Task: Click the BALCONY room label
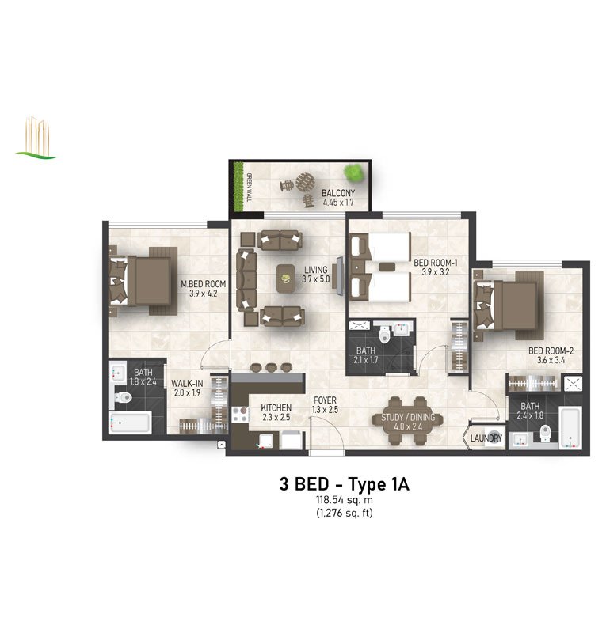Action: coord(338,193)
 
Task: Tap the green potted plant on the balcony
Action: coord(353,172)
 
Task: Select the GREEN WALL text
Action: coord(249,188)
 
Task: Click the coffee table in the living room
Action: coord(286,278)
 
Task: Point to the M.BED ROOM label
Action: coord(203,284)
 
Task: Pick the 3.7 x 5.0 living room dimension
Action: coord(315,279)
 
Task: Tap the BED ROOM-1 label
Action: coord(436,263)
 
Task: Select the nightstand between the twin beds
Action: coord(387,267)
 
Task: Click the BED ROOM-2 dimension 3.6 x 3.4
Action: coord(551,360)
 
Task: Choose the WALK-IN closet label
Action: coord(187,383)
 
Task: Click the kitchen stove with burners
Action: coord(240,415)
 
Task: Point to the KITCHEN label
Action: coord(276,407)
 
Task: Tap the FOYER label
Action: coord(325,400)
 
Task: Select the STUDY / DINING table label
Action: coord(408,417)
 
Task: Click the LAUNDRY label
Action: coord(486,438)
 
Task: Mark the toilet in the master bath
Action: coord(124,398)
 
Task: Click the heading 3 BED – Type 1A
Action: coord(344,484)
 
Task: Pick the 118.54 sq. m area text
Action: coord(344,500)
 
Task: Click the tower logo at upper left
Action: coord(36,138)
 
